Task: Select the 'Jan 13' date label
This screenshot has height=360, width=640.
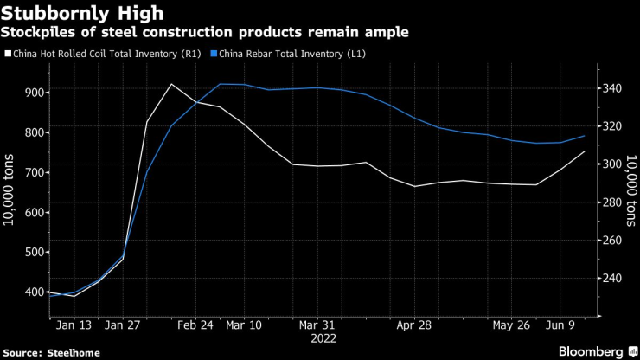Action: (74, 325)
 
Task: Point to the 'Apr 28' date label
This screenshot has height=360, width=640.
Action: (414, 325)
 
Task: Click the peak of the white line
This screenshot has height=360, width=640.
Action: (171, 84)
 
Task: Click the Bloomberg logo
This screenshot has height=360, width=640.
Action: (587, 350)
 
